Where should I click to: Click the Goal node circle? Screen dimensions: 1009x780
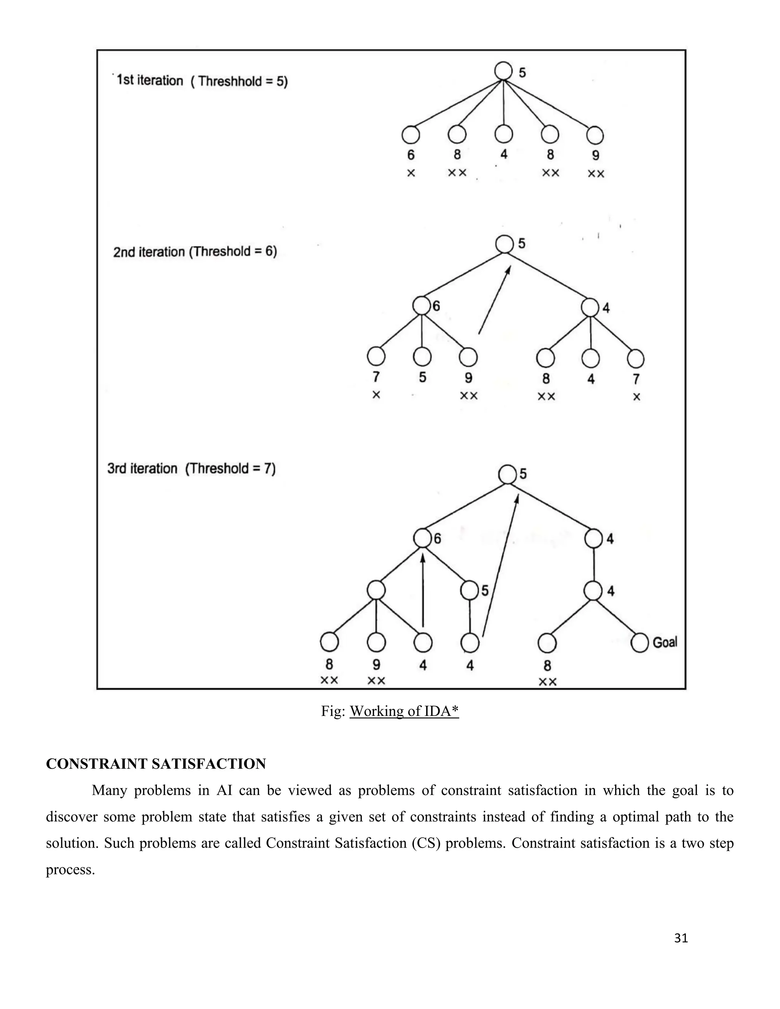point(639,643)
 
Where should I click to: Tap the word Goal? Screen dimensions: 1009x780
point(665,642)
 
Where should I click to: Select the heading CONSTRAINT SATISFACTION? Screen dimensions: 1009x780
point(156,764)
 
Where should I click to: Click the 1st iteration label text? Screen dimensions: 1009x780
point(150,80)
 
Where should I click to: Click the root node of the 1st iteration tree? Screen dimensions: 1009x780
point(503,71)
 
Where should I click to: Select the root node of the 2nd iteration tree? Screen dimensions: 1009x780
point(504,244)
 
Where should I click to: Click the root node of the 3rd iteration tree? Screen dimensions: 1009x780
point(507,474)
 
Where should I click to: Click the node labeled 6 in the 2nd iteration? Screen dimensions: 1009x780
point(422,305)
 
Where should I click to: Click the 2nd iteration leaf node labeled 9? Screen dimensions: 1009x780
point(468,357)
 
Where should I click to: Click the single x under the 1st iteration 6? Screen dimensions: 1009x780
point(411,173)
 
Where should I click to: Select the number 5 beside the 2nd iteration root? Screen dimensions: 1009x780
point(522,243)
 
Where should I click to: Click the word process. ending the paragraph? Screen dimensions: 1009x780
point(70,870)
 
